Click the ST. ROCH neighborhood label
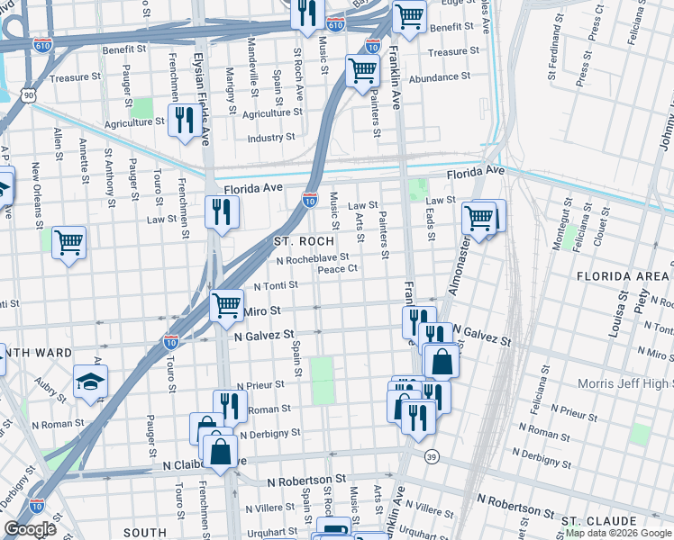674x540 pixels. [305, 241]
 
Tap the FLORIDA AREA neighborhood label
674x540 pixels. [621, 274]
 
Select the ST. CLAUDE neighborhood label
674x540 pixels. [600, 521]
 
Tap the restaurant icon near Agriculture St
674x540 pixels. [185, 119]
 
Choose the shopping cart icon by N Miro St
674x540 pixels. [226, 303]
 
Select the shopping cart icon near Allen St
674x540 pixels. [68, 241]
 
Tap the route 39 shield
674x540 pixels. [433, 456]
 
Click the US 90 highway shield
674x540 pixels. [30, 94]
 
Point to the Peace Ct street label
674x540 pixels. [339, 268]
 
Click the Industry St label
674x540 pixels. [271, 137]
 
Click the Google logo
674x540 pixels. [30, 529]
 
